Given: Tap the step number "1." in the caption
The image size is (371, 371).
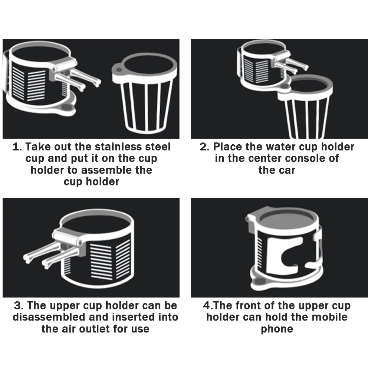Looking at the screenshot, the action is click(17, 147).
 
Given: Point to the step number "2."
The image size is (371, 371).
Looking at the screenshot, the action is click(205, 147).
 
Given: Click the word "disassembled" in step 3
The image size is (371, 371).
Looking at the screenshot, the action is click(49, 317).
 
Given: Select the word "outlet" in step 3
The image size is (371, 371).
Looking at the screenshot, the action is click(94, 329).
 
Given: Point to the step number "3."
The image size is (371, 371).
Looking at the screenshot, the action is click(19, 305).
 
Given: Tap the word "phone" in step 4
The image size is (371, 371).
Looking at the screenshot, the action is click(277, 329).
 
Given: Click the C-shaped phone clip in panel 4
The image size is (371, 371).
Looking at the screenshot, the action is click(275, 256).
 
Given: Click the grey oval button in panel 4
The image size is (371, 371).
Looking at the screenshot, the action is click(260, 281).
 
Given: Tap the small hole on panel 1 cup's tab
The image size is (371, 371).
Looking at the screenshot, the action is click(119, 70).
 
